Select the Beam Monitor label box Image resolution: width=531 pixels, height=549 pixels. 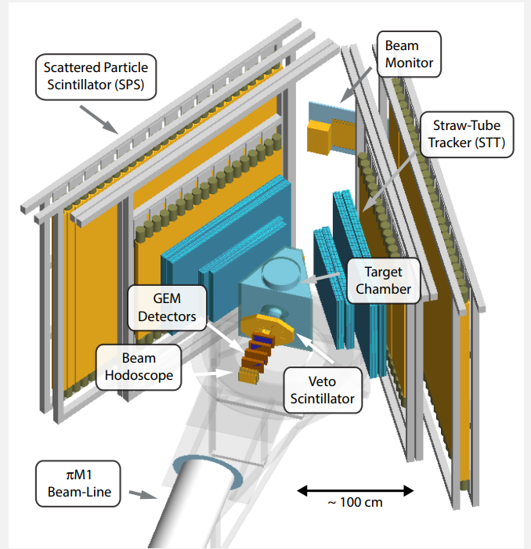pyautogui.click(x=408, y=52)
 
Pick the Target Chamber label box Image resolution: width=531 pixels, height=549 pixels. pyautogui.click(x=384, y=281)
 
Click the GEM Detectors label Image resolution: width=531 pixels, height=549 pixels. pyautogui.click(x=167, y=308)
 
